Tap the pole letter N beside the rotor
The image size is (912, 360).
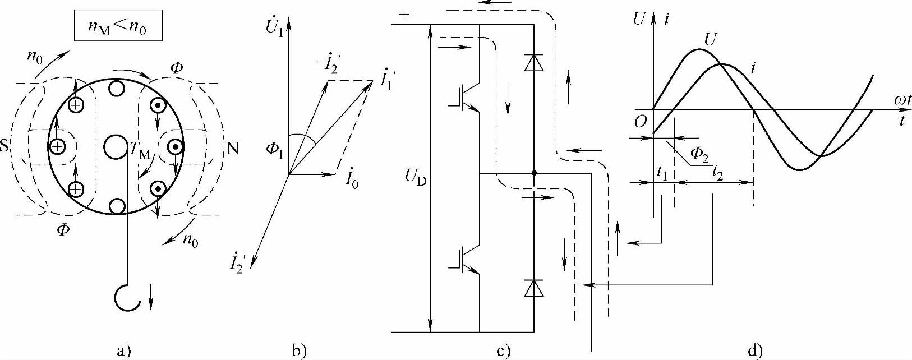[x=232, y=148]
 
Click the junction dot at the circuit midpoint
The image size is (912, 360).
[x=533, y=173]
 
